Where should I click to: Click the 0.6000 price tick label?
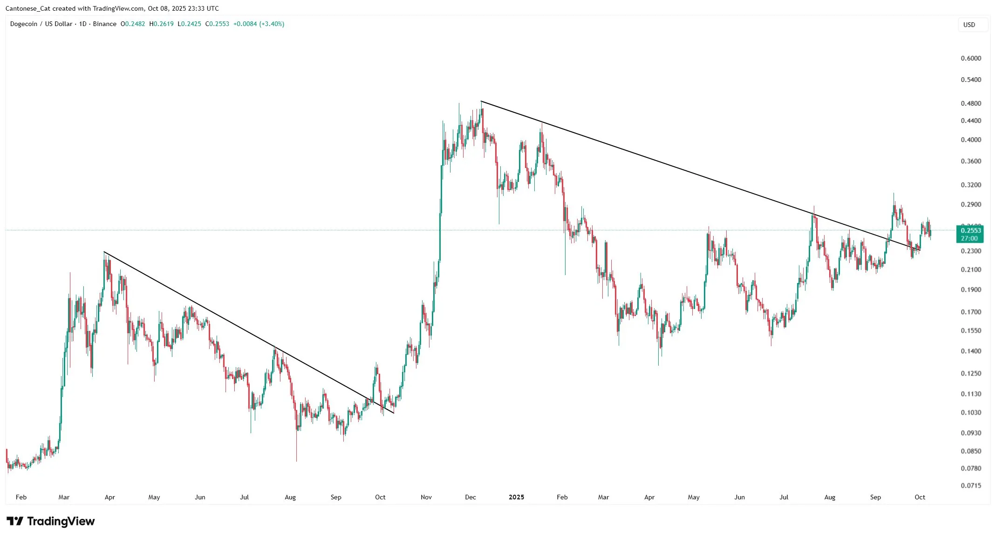point(971,58)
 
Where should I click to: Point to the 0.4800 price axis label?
point(971,103)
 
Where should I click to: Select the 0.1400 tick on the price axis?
point(971,351)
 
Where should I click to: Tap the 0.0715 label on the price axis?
point(971,485)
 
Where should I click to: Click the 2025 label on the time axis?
point(516,497)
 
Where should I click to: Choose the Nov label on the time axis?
point(426,497)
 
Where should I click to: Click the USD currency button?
point(969,25)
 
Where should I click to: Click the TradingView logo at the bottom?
point(51,521)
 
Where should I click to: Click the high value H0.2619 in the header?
point(161,24)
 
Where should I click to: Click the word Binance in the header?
point(104,24)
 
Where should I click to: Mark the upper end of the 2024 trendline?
point(104,252)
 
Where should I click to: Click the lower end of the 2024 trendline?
point(394,413)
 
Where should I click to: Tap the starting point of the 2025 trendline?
point(481,101)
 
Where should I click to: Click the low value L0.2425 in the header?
point(190,24)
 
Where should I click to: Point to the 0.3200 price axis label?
point(971,185)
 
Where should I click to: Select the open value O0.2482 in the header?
point(133,24)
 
